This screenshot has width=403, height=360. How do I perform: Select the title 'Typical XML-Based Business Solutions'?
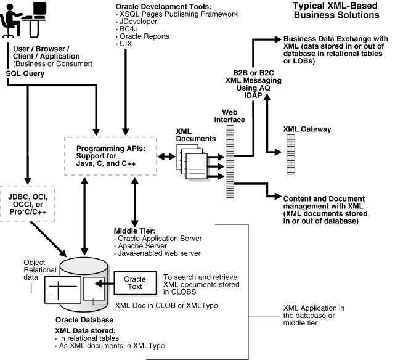click(335, 10)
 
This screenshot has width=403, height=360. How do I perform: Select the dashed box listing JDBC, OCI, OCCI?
click(28, 202)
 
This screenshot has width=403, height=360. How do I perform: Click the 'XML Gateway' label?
click(307, 129)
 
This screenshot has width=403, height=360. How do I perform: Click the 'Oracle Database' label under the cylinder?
click(84, 320)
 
